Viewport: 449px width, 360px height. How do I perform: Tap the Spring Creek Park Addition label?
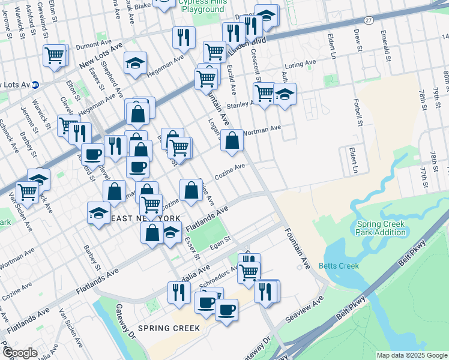(x=381, y=228)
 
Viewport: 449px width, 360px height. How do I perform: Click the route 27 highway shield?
(x=369, y=20)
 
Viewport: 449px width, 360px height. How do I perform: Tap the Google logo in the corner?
(x=20, y=353)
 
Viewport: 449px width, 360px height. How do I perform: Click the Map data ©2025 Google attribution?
(x=411, y=355)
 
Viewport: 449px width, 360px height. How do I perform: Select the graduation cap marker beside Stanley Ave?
(x=285, y=95)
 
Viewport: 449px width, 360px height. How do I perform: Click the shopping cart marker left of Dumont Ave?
(x=54, y=56)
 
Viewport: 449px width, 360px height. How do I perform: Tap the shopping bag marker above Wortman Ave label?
(x=232, y=140)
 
